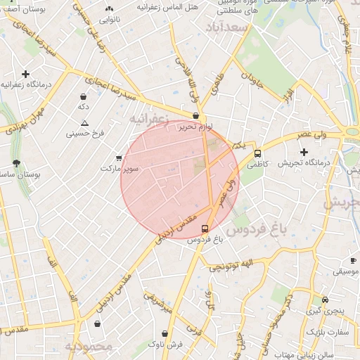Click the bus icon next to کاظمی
258,153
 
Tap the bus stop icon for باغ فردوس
205,229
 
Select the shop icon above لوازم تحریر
195,117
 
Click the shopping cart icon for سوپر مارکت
119,157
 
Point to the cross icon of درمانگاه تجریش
304,152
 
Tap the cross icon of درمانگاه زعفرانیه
26,74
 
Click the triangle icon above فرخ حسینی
84,122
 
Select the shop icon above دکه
84,96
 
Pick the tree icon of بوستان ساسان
15,163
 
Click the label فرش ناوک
165,344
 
